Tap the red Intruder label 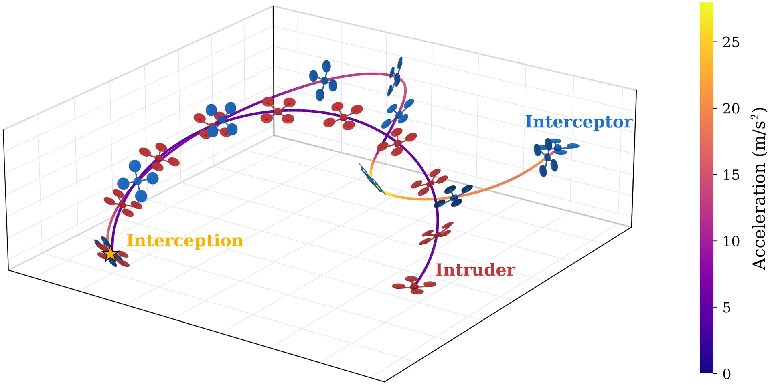(475, 270)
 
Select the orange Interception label (185, 241)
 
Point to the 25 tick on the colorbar (731, 42)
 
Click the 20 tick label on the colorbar (731, 109)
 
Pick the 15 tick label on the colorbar (731, 175)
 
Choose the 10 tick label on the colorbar (731, 241)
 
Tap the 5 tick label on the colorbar (727, 308)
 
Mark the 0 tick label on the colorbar (727, 374)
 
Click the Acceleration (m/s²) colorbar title (759, 188)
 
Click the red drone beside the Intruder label (414, 285)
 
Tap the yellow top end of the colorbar (707, 5)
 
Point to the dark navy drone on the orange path (454, 197)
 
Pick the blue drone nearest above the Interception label (138, 181)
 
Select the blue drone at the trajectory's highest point (395, 77)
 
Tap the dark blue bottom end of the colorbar (707, 371)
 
